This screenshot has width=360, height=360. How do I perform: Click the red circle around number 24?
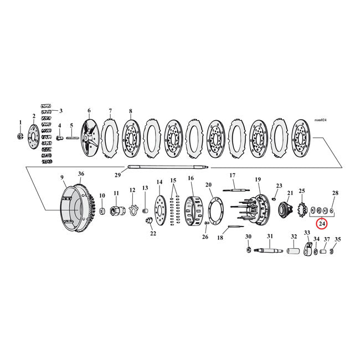tap(322, 224)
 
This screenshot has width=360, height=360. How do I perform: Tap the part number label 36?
tap(81, 174)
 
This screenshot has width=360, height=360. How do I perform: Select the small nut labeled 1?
tap(20, 136)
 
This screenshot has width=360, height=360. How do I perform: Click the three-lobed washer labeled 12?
tap(132, 209)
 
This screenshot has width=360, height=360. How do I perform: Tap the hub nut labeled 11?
tap(117, 211)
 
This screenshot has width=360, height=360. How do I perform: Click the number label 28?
tap(335, 193)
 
